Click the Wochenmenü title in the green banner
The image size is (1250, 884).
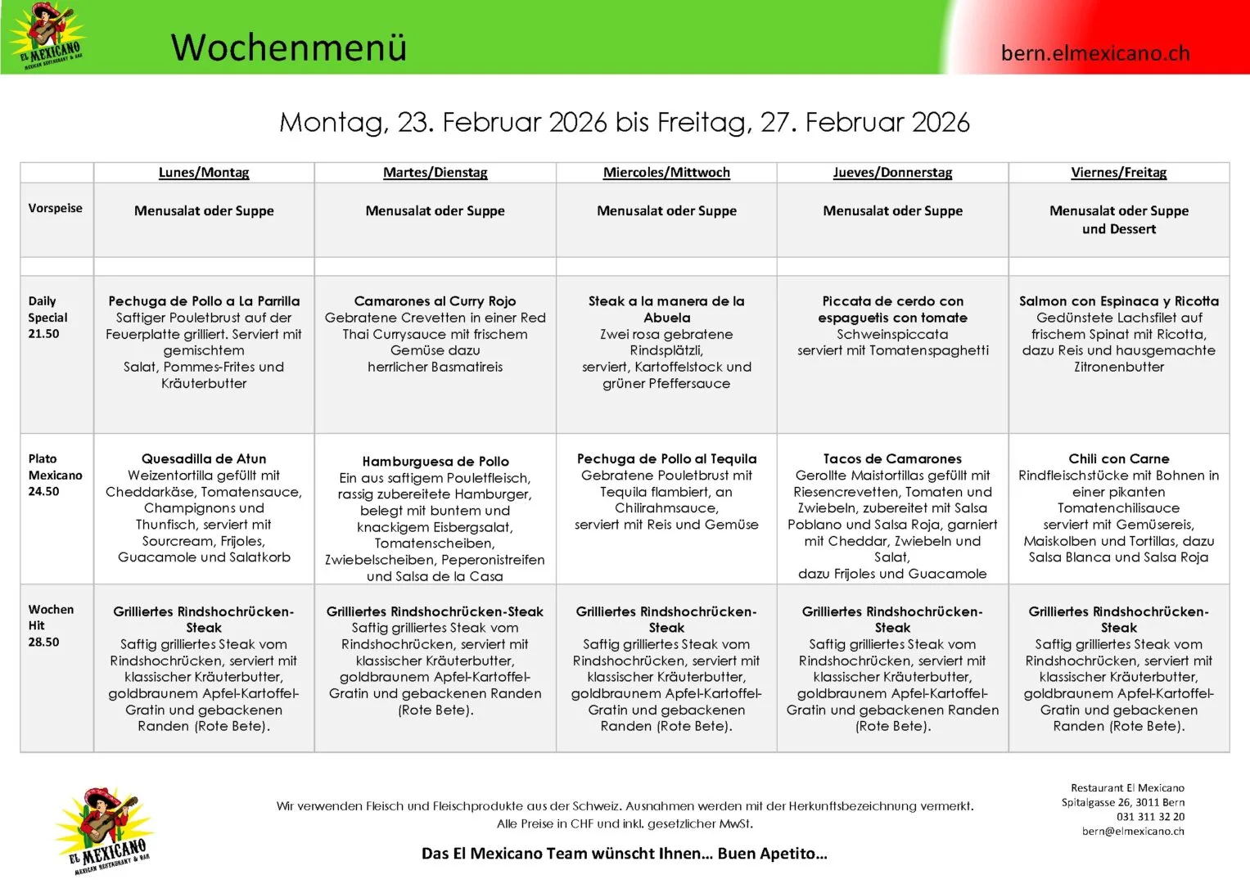[288, 47]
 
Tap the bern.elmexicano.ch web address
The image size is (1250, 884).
[1094, 53]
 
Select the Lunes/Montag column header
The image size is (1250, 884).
[204, 173]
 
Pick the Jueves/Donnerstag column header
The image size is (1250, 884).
[892, 173]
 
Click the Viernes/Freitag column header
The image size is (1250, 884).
[1118, 173]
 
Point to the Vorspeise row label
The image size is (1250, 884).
[55, 208]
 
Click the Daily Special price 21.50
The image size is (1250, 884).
[43, 334]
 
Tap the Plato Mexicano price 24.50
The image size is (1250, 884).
[43, 492]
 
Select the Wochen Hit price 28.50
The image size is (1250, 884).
[43, 643]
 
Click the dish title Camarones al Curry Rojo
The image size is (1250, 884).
[435, 301]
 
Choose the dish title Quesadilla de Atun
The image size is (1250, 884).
[204, 459]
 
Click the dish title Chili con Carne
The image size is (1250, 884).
[1118, 459]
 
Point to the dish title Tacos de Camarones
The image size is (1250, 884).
[892, 459]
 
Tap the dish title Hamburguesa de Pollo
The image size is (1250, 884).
[435, 462]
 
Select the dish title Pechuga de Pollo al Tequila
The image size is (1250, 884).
[666, 459]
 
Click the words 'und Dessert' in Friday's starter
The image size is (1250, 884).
[1118, 229]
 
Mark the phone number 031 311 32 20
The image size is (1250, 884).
[1150, 817]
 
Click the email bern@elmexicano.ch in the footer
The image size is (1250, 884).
[1133, 831]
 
